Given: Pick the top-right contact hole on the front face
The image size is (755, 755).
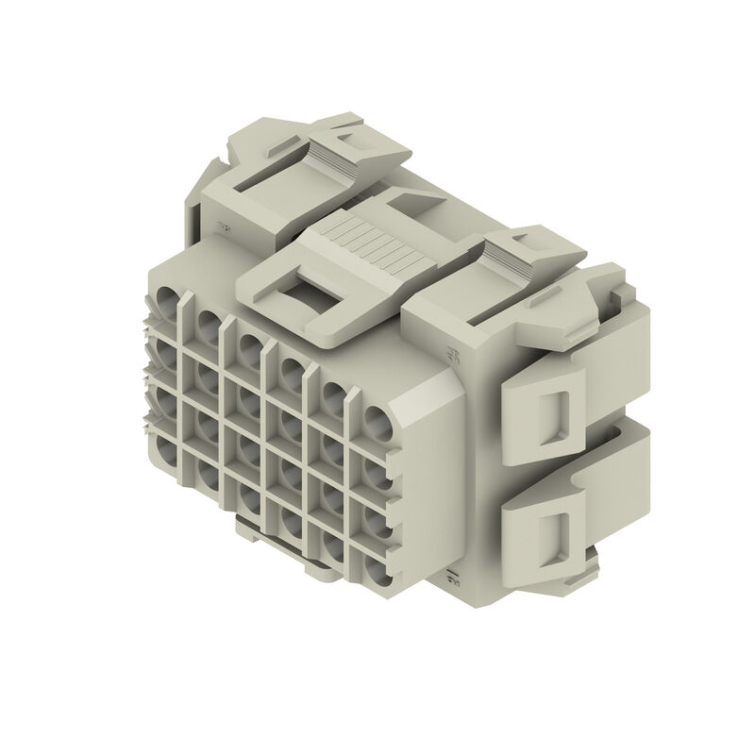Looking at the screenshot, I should pos(377,421).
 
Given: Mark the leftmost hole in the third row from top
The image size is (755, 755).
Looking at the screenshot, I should pos(166,403).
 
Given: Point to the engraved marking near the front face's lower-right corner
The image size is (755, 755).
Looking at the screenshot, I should pos(450,575).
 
